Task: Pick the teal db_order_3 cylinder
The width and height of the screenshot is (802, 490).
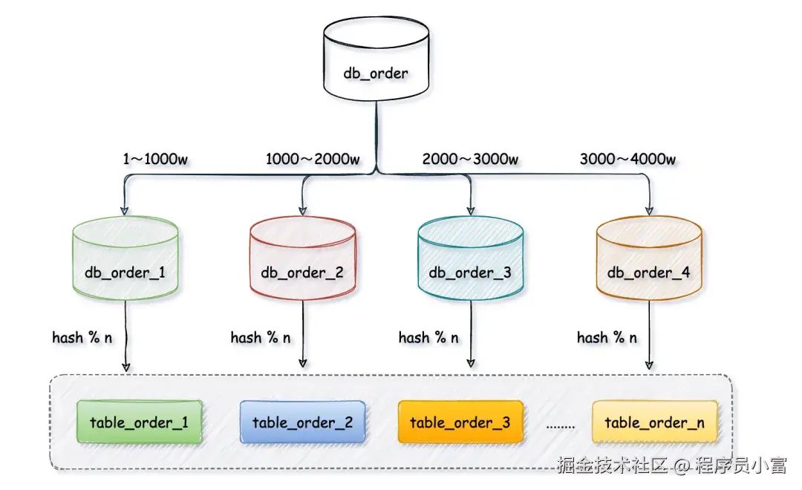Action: (470, 260)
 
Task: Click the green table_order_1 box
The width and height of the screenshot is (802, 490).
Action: (139, 422)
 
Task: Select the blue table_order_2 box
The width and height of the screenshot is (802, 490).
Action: (302, 422)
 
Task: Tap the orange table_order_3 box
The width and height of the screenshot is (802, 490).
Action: (460, 422)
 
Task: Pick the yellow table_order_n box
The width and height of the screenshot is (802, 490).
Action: (654, 422)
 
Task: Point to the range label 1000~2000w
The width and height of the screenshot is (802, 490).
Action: (313, 159)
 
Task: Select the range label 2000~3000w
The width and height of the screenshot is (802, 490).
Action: (470, 159)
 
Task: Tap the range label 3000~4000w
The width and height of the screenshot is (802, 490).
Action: (627, 159)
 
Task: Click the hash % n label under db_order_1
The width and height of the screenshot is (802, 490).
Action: (82, 338)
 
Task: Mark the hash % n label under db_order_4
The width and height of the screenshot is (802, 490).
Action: (607, 338)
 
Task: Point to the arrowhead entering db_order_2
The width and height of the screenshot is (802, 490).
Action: (302, 209)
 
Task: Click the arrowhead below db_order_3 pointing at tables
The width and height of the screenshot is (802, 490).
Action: (471, 365)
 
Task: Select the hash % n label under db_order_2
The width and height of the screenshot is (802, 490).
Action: (261, 338)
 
